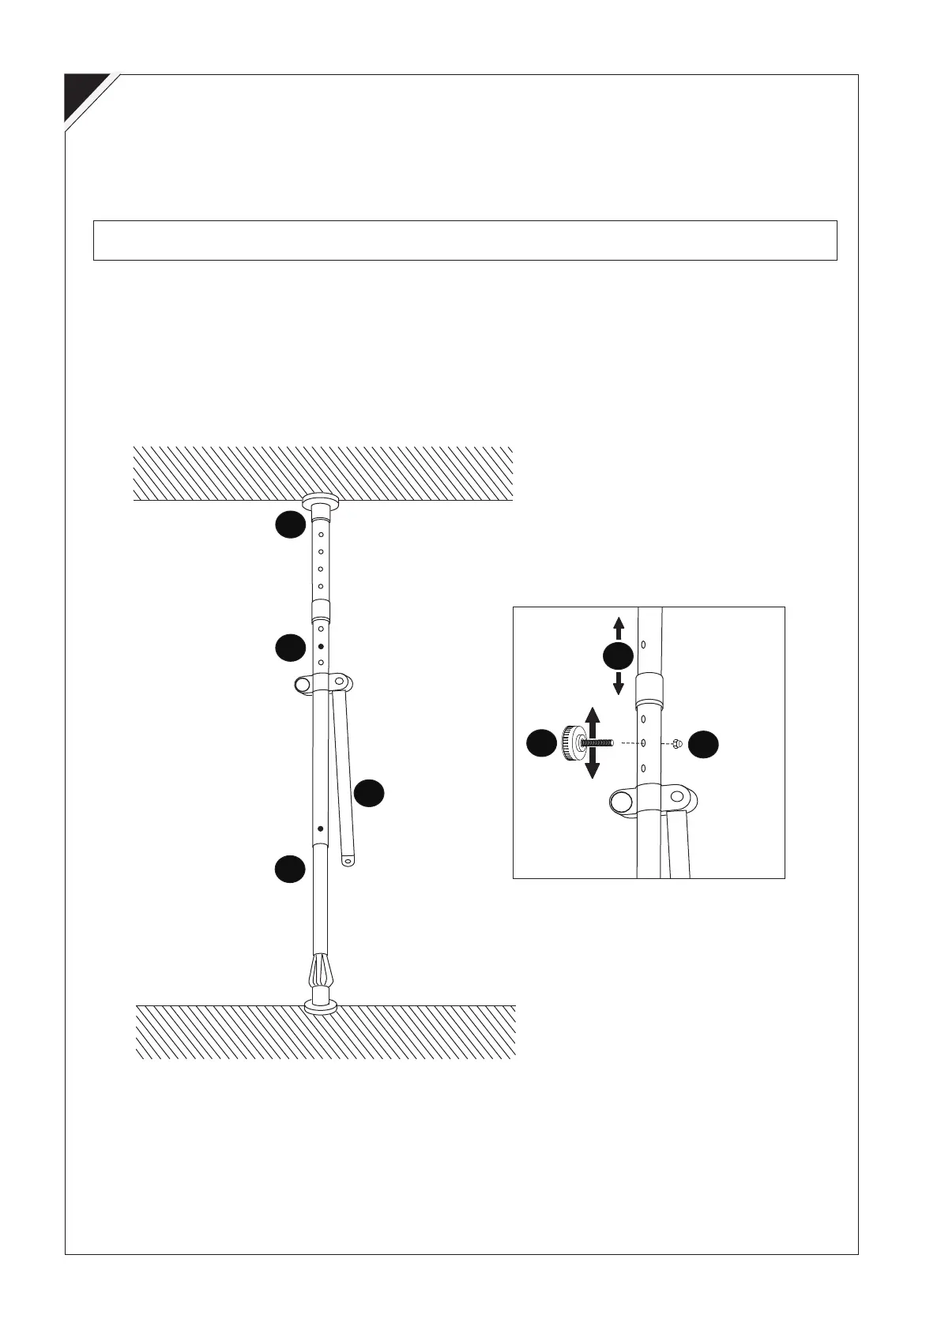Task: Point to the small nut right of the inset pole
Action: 677,743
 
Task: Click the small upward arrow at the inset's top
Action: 619,628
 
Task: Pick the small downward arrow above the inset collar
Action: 619,683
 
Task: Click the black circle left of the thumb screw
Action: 541,744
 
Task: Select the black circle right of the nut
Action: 703,744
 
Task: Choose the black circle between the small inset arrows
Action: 619,656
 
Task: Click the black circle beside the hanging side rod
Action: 369,793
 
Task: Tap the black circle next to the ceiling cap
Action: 290,524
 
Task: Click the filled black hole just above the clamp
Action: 321,646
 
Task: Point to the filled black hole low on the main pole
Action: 320,828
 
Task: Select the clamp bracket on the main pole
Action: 322,683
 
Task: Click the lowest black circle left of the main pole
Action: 290,869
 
